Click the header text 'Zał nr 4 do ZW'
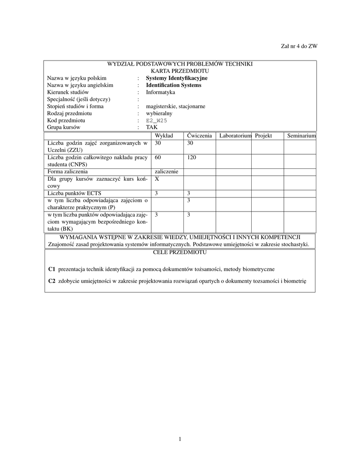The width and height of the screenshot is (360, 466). click(299, 46)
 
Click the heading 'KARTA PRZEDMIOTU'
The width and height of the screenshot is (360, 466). click(180, 71)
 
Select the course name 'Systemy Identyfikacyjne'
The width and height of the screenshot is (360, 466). click(177, 78)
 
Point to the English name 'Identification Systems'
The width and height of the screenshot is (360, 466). click(173, 85)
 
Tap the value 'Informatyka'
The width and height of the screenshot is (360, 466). click(160, 92)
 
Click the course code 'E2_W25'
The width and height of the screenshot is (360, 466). click(157, 121)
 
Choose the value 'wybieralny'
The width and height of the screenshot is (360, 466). click(159, 113)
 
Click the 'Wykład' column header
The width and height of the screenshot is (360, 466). click(164, 136)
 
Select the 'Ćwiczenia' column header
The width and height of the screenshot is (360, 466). click(199, 136)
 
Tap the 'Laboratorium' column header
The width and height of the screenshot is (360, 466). click(235, 136)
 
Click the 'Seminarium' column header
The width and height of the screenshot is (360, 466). click(301, 136)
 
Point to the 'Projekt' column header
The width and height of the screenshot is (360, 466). click(264, 136)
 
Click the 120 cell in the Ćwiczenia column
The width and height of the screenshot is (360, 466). click(192, 157)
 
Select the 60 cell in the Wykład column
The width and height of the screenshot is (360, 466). click(158, 157)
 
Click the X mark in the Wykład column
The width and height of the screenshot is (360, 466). click(157, 179)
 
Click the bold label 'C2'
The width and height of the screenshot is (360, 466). click(52, 281)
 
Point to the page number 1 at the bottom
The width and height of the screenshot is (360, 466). click(180, 439)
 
